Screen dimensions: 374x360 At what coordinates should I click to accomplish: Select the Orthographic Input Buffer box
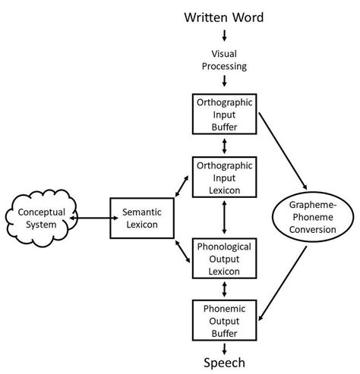(224, 114)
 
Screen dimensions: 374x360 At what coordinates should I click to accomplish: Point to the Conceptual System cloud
(39, 218)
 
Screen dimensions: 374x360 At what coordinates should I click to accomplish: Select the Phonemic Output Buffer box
(224, 319)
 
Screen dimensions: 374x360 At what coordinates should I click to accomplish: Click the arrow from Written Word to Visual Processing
(224, 36)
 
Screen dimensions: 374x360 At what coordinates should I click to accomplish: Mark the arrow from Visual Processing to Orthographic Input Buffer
(224, 85)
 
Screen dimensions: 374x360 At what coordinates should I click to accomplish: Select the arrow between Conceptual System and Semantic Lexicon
(90, 218)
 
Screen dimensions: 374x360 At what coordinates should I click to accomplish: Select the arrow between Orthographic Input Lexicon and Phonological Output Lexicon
(224, 218)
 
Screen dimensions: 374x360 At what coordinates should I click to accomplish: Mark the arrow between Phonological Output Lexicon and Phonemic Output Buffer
(224, 290)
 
